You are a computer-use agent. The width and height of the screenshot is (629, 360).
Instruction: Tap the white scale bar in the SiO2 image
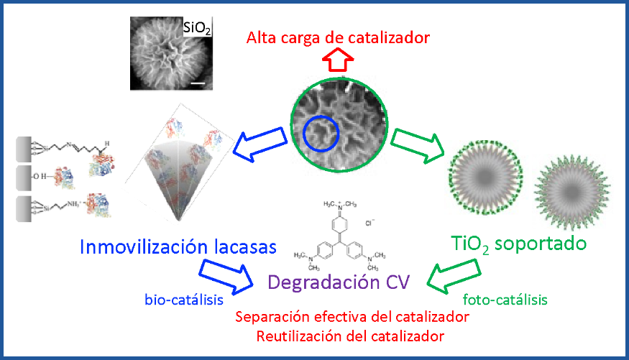(199, 84)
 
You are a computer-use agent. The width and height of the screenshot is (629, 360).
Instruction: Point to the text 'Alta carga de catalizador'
(338, 37)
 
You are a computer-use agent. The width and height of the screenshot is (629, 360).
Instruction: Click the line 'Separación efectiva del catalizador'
(352, 316)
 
